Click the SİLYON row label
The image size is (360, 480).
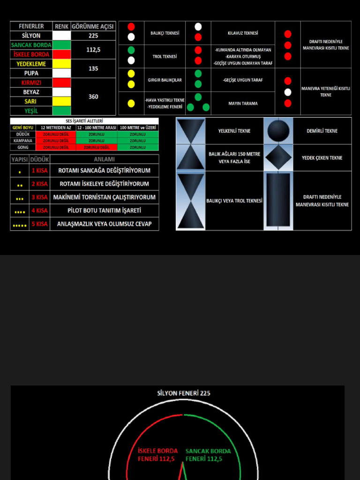[x=31, y=36]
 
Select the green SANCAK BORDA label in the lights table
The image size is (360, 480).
[x=31, y=45]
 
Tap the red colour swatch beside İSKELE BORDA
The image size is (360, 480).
[x=61, y=54]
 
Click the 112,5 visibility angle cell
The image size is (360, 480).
[x=93, y=50]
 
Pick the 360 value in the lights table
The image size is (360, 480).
[x=93, y=97]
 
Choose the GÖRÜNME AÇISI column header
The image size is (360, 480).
[x=93, y=26]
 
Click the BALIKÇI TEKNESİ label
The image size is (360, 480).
[x=165, y=33]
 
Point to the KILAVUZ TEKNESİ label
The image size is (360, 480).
[x=242, y=33]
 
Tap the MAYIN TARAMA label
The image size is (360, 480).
[x=243, y=104]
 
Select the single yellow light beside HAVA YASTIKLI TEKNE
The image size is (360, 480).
[x=131, y=104]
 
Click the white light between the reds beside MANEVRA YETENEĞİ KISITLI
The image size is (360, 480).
[x=288, y=92]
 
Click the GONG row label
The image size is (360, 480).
[x=23, y=147]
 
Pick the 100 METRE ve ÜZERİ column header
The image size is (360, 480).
[x=138, y=127]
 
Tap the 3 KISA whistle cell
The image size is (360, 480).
[x=39, y=197]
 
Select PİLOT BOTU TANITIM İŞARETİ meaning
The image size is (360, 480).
[x=104, y=210]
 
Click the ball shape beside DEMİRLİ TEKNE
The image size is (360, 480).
[x=278, y=131]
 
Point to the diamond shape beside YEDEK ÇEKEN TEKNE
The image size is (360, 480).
[x=278, y=157]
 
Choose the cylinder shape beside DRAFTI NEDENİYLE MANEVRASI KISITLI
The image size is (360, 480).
[x=278, y=200]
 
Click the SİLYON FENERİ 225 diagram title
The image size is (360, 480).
[x=183, y=393]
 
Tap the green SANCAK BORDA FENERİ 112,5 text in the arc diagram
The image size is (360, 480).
[x=208, y=455]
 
